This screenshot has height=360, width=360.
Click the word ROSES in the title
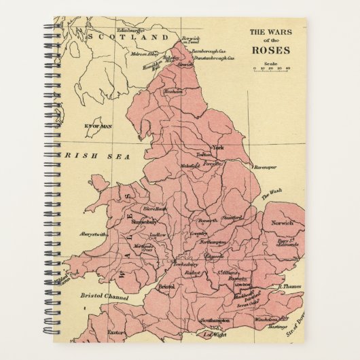(x=270, y=50)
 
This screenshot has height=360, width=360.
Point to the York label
(x=218, y=147)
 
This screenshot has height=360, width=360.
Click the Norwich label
(x=281, y=223)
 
